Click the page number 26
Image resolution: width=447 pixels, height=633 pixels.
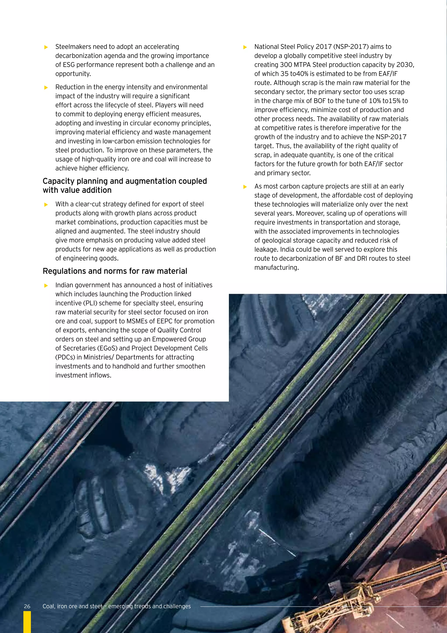coord(27,606)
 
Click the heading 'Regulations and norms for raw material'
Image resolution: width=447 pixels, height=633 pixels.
coord(115,271)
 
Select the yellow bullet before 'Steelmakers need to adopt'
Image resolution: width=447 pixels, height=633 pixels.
coord(46,47)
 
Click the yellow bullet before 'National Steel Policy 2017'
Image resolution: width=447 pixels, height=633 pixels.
coord(245,47)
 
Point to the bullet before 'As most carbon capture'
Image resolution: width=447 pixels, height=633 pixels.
coord(245,187)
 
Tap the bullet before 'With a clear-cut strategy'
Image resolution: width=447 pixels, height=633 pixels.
coord(46,205)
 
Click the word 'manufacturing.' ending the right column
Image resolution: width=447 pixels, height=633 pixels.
coord(276,268)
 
